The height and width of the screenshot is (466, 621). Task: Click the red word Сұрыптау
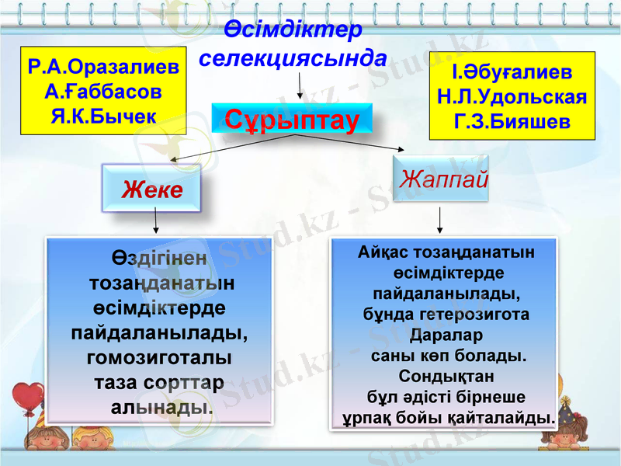click(x=292, y=120)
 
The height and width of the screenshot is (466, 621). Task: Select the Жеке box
click(x=152, y=190)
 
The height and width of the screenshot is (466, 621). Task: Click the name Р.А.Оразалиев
click(x=103, y=67)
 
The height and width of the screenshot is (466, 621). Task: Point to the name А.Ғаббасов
click(x=103, y=92)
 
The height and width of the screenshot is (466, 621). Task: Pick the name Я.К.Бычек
click(x=103, y=116)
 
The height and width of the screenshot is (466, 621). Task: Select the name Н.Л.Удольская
click(x=512, y=97)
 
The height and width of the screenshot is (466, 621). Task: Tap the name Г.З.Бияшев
click(x=512, y=122)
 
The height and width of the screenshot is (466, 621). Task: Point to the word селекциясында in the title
click(x=293, y=57)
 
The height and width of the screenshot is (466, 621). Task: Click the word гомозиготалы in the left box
click(x=159, y=358)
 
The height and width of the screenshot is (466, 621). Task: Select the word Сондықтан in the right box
click(x=446, y=377)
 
